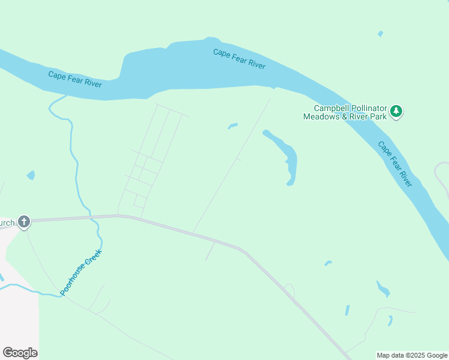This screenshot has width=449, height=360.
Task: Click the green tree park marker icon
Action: [396, 111]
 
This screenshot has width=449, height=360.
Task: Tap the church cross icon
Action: [24, 223]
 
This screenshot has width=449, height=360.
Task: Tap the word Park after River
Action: [378, 116]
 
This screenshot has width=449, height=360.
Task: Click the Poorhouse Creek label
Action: [82, 272]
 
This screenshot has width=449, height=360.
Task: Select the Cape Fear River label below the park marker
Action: [395, 164]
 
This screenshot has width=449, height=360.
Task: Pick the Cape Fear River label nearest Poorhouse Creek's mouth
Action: [75, 79]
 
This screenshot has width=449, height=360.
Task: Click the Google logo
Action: [20, 353]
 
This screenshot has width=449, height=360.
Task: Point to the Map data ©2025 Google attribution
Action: [412, 355]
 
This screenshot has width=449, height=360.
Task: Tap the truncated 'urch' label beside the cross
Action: [7, 223]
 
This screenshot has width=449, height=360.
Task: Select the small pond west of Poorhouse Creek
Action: [31, 175]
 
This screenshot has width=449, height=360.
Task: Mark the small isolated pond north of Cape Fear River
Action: [380, 34]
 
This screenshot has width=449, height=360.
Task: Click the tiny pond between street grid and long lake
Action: [233, 126]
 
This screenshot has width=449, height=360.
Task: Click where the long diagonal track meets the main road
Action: [193, 233]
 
